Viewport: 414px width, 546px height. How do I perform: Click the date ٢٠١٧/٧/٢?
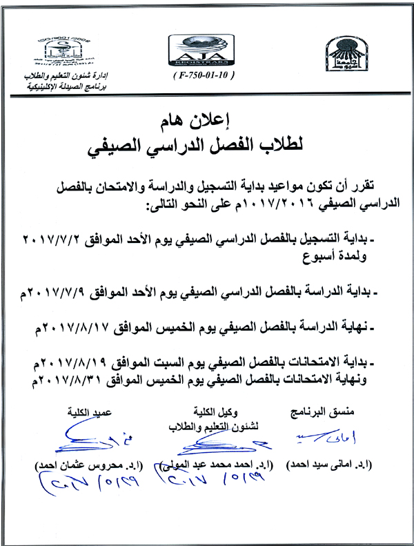click(50, 239)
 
